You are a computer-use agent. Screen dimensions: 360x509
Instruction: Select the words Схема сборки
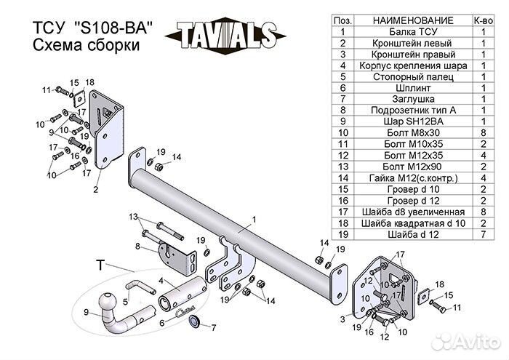[85, 46]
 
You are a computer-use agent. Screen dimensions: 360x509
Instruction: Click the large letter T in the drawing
[100, 265]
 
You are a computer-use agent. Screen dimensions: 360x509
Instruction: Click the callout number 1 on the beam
[254, 218]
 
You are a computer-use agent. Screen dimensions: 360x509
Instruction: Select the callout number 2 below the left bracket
[95, 190]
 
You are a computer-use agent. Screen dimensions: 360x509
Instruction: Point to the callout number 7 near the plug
[213, 328]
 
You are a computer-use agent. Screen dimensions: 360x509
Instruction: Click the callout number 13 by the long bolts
[133, 217]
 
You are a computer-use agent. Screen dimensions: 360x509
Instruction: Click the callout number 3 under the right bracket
[342, 319]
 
